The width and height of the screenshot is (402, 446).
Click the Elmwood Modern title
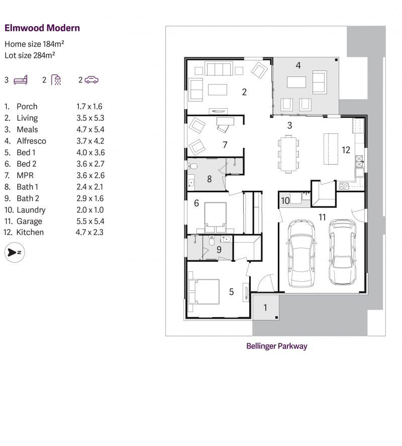[x=42, y=28]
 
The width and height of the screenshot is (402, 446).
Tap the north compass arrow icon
[x=15, y=252]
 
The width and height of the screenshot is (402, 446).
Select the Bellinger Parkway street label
[x=276, y=346]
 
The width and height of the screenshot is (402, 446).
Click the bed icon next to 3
[x=21, y=80]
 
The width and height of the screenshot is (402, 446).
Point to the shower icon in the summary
[x=56, y=80]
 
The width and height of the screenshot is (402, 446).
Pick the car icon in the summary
[x=91, y=80]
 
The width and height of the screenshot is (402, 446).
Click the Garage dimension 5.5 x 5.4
[x=90, y=221]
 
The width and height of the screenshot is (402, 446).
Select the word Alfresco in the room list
[x=31, y=141]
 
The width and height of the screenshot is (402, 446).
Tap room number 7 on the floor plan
[x=225, y=145]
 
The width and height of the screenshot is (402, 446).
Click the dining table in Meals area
[x=288, y=155]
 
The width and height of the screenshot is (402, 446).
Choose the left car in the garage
[x=301, y=253]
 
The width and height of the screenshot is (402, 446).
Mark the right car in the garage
[x=342, y=252]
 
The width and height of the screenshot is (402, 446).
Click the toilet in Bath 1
[x=192, y=166]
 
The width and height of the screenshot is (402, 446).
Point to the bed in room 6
[x=216, y=217]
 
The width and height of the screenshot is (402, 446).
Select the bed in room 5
[x=204, y=291]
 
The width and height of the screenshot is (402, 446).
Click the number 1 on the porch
[x=265, y=308]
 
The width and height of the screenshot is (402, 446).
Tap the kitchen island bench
[x=331, y=149]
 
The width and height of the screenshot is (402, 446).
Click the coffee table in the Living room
[x=218, y=90]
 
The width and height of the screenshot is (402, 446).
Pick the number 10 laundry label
[x=285, y=201]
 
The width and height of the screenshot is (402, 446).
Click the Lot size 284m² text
[x=30, y=55]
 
